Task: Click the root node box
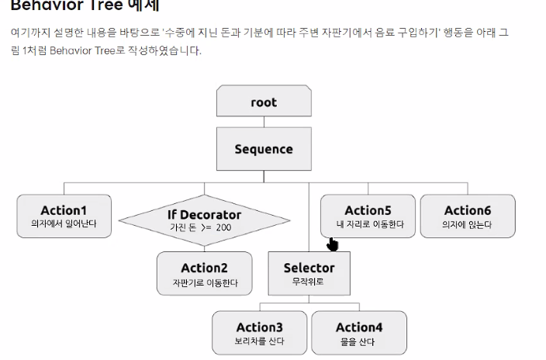264,101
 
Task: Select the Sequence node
264,149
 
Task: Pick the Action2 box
205,273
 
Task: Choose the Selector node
309,273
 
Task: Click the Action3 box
259,332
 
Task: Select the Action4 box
358,332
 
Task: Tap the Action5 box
368,216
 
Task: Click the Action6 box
468,216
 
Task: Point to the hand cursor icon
333,245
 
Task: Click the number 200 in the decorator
223,228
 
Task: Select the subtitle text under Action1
64,224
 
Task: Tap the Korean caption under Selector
309,281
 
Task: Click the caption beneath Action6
468,225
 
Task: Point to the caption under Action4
358,341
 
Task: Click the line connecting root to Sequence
264,121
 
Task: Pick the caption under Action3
259,341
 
